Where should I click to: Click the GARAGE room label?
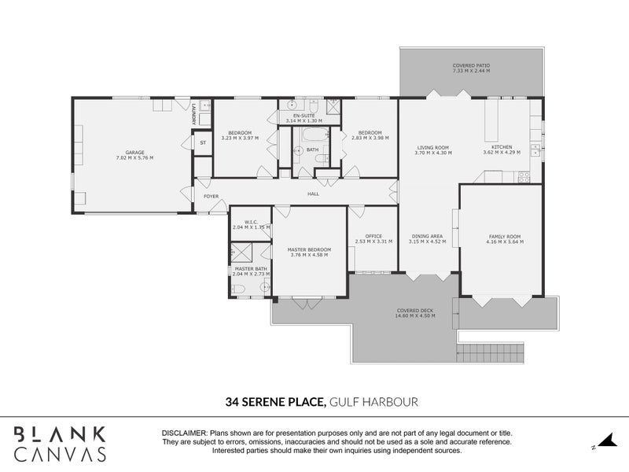click(x=134, y=152)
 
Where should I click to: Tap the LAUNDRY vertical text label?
click(x=193, y=116)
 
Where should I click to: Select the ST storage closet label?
click(x=202, y=142)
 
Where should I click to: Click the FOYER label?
click(x=212, y=196)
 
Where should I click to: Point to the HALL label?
click(x=312, y=193)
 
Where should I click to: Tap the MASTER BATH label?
click(x=250, y=268)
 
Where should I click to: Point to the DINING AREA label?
click(x=427, y=236)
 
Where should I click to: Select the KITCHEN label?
click(x=502, y=147)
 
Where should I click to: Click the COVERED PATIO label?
click(x=471, y=65)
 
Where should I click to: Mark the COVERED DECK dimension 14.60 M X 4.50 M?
click(x=415, y=315)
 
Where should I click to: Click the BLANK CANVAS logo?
click(x=60, y=443)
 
